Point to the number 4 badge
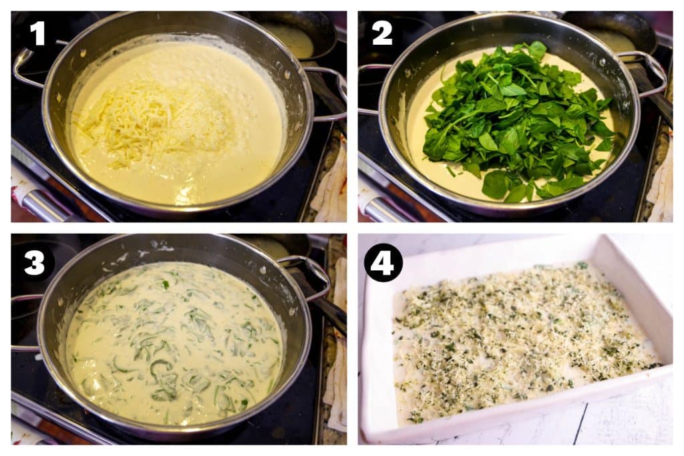point(383,262)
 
